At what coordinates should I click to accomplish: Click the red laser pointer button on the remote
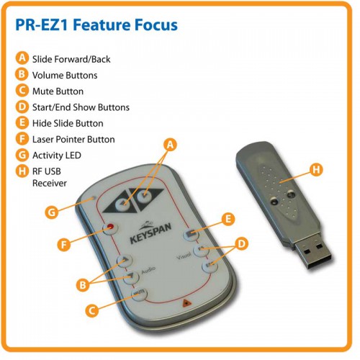(x=111, y=228)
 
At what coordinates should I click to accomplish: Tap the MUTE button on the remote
(x=139, y=293)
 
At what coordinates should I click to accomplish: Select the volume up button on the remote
(x=125, y=260)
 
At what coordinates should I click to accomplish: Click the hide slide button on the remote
(x=191, y=233)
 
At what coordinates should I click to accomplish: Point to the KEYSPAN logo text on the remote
(x=150, y=233)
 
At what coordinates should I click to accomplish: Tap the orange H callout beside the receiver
(x=316, y=169)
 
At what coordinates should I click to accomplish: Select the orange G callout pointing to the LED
(x=52, y=212)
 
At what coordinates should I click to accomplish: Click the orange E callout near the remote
(x=228, y=219)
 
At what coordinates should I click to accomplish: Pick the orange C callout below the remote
(x=92, y=310)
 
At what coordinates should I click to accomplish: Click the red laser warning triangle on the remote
(x=186, y=303)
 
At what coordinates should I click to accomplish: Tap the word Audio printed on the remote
(x=148, y=270)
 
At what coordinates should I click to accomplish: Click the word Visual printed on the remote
(x=184, y=256)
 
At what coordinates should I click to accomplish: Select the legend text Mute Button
(x=58, y=91)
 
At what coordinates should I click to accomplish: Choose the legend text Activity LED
(x=57, y=156)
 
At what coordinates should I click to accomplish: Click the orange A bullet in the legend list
(x=22, y=58)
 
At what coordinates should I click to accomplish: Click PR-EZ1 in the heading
(x=45, y=24)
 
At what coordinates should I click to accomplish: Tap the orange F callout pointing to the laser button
(x=64, y=245)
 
